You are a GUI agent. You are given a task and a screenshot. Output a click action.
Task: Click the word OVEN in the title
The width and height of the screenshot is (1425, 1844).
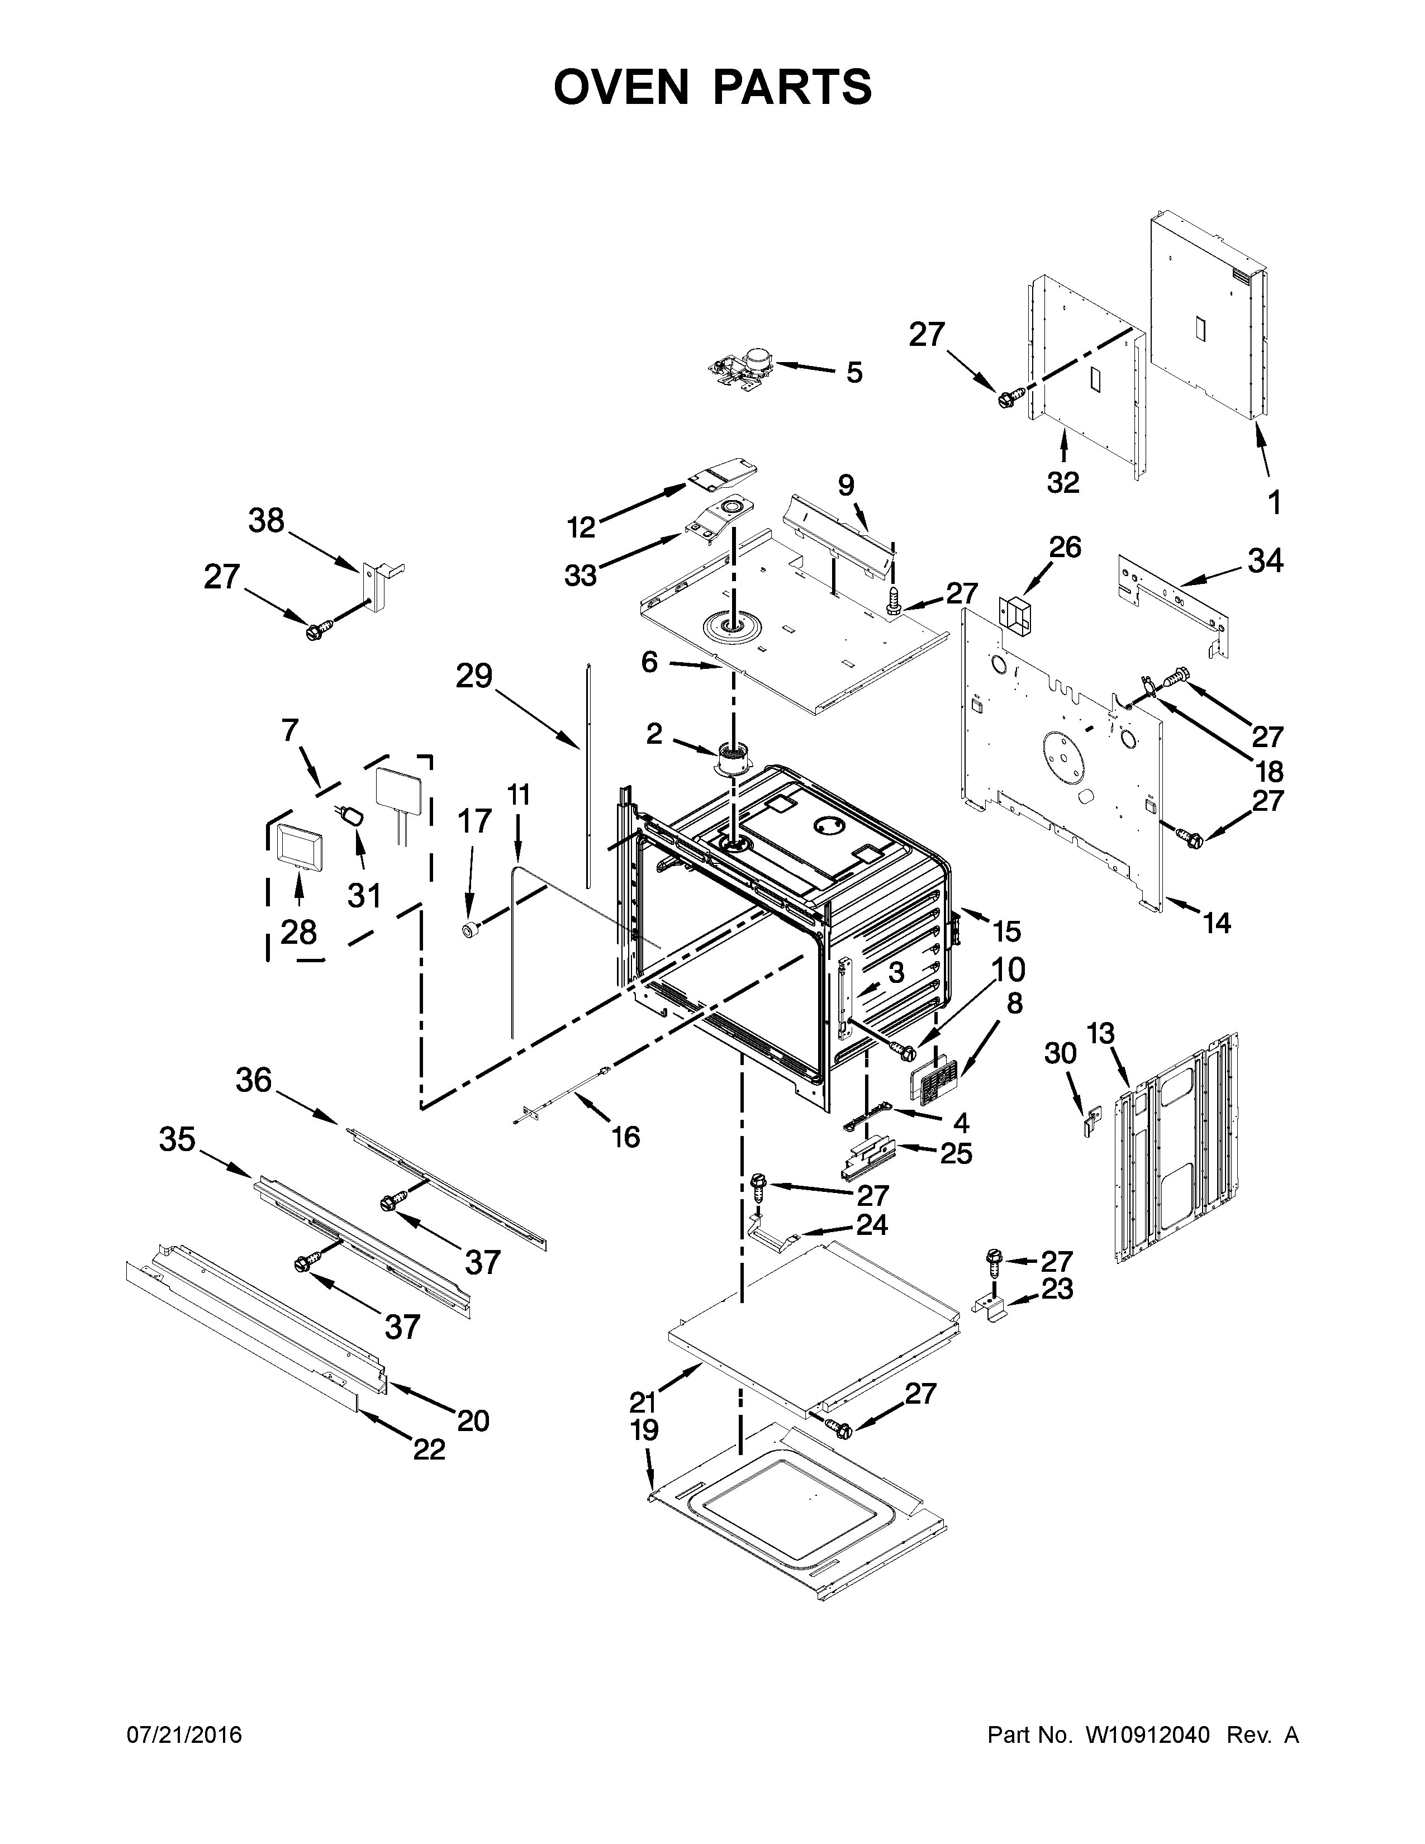[621, 88]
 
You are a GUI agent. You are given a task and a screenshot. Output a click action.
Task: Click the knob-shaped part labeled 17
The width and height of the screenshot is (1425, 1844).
[470, 930]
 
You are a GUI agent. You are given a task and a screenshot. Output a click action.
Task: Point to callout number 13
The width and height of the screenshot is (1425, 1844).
[1100, 1033]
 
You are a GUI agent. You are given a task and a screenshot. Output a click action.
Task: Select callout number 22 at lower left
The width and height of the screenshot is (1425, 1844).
[428, 1449]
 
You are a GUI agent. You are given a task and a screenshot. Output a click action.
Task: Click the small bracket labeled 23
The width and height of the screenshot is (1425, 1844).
[994, 1311]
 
